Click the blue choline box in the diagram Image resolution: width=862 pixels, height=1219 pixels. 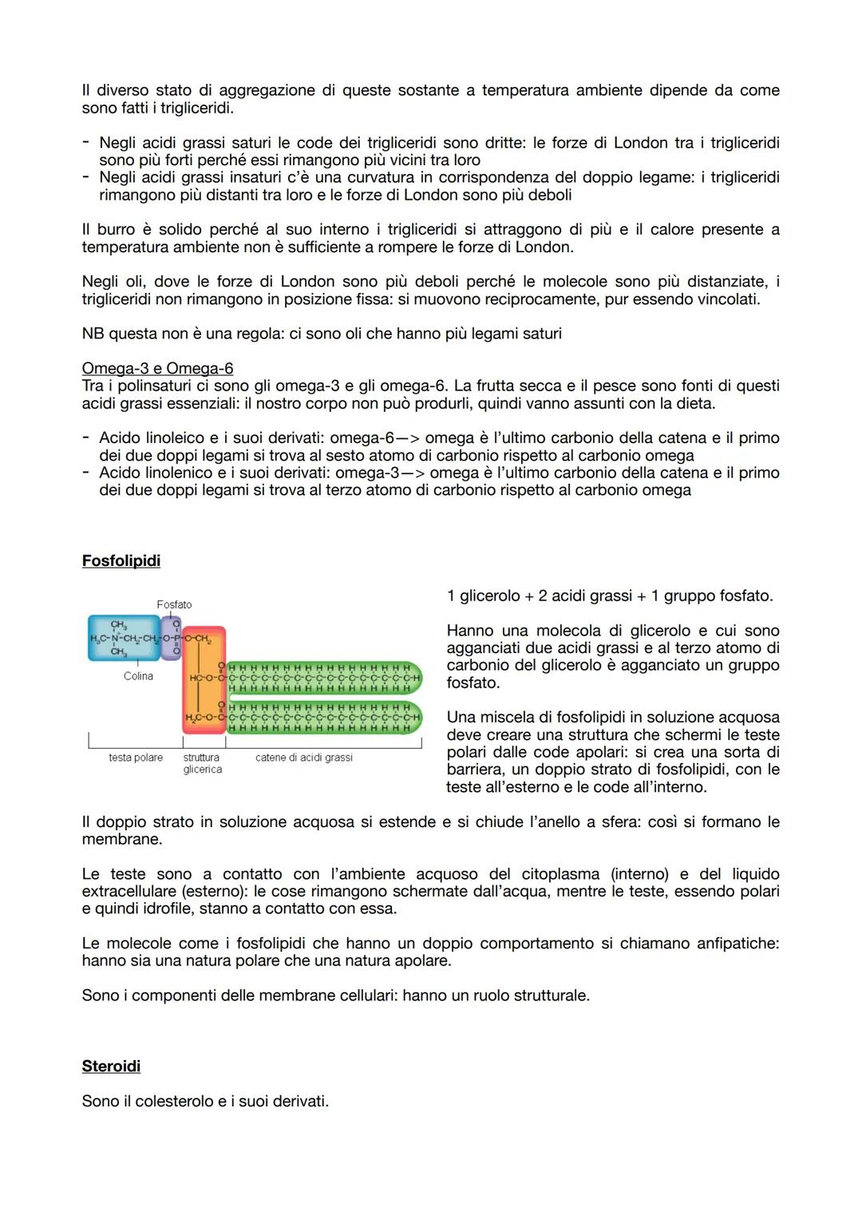[124, 638]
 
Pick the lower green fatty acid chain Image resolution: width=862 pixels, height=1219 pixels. [323, 717]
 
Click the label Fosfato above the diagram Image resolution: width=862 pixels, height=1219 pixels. [174, 604]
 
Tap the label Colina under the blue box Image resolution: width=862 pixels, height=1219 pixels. [138, 676]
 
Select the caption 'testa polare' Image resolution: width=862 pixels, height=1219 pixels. [136, 758]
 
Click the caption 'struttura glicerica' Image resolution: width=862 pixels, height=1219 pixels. [202, 763]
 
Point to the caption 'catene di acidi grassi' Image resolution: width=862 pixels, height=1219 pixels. [304, 758]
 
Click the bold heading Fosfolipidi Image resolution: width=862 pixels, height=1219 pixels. [121, 560]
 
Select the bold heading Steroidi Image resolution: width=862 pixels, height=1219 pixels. [111, 1066]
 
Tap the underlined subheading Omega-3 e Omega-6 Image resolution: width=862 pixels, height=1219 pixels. [157, 368]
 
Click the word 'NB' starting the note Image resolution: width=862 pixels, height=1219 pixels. [93, 334]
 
